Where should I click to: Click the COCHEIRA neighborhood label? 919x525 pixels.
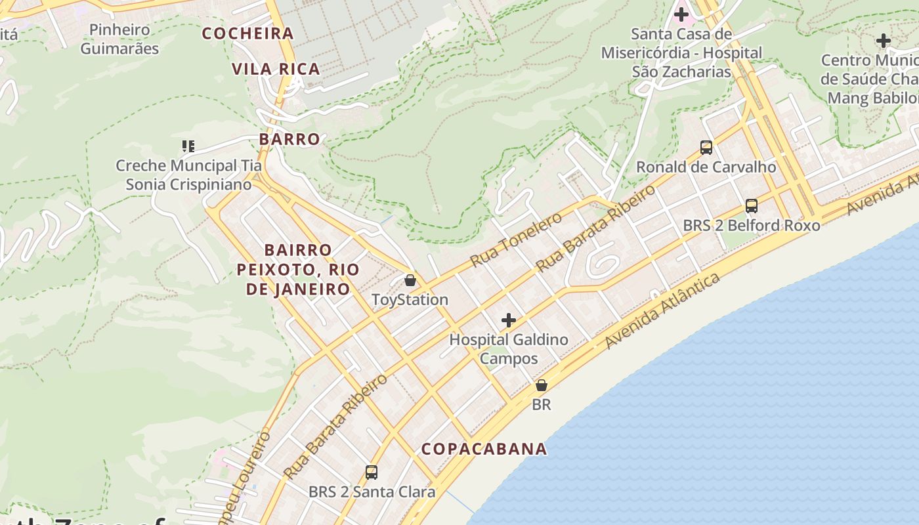tap(247, 33)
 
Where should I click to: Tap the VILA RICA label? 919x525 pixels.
tap(276, 69)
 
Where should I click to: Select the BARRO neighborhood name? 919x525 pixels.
tap(289, 139)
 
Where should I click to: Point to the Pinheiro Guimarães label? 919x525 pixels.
tap(119, 39)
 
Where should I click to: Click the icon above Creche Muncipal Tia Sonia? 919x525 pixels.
tap(188, 146)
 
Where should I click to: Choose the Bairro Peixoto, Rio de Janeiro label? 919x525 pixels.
tap(298, 270)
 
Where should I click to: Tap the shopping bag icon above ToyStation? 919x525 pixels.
tap(410, 280)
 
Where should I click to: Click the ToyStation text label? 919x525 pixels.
tap(410, 300)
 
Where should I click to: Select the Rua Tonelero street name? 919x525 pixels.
tap(515, 240)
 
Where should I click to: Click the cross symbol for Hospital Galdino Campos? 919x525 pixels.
tap(508, 320)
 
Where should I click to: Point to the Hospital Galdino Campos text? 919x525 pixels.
tap(508, 349)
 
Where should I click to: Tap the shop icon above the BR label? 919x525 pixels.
tap(542, 385)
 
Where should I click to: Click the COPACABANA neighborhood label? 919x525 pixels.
tap(484, 449)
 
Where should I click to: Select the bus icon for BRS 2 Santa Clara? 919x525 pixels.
tap(372, 472)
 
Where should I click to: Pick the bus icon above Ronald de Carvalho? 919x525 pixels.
tap(706, 147)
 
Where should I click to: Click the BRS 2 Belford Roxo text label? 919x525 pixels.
tap(751, 226)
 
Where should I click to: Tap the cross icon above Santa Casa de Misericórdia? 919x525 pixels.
tap(681, 14)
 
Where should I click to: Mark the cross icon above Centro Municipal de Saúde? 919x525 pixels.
tap(884, 41)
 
